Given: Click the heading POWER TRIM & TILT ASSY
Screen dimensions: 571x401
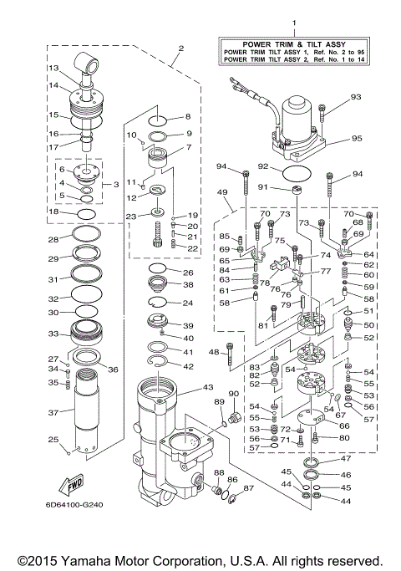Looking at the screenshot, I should click(293, 43).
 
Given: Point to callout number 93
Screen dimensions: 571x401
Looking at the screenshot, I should click(356, 98).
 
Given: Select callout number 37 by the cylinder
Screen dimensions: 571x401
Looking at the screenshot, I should click(52, 412).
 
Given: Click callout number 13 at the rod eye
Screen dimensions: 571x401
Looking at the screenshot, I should click(52, 68).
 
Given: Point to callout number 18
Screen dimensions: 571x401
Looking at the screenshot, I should click(52, 212).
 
